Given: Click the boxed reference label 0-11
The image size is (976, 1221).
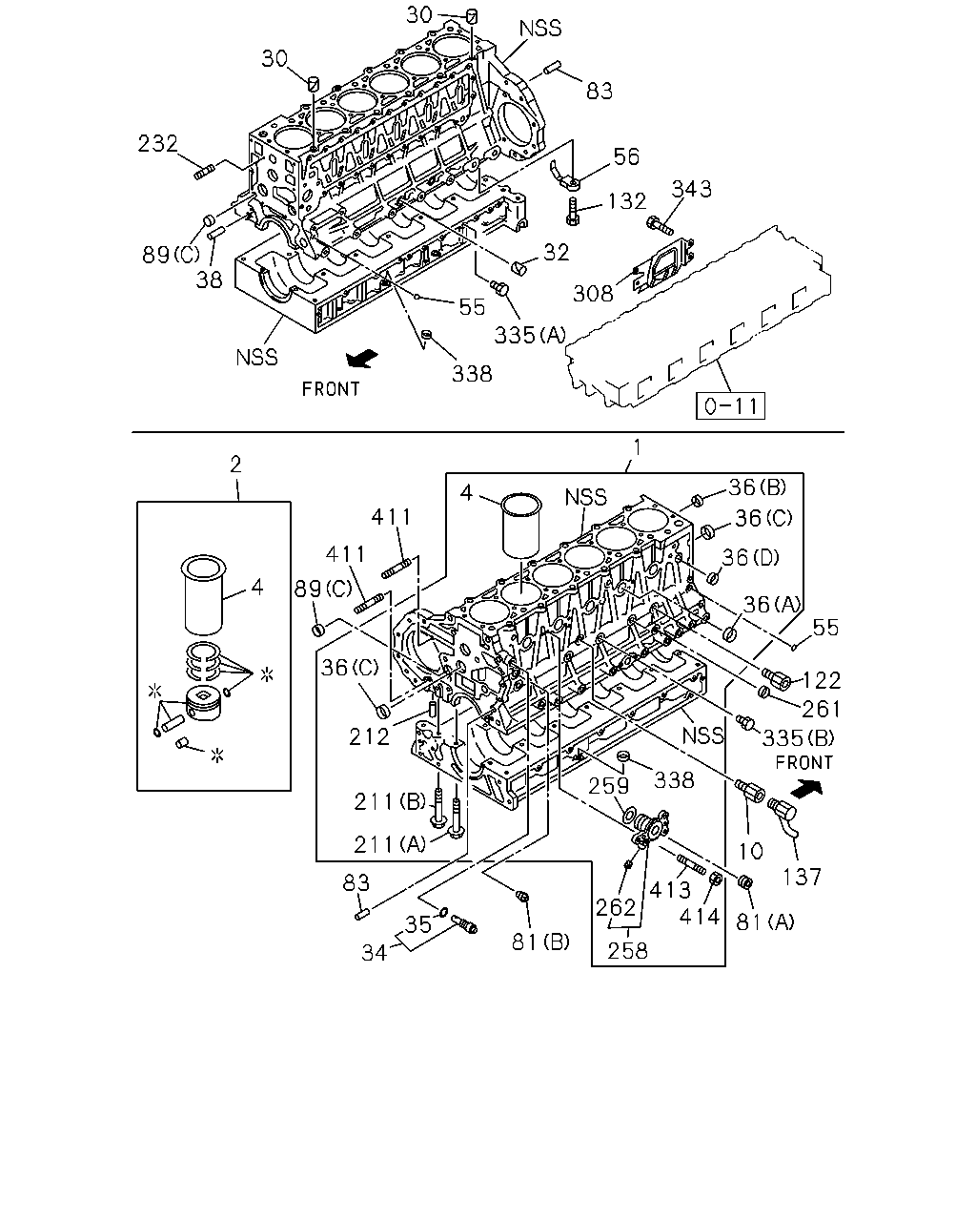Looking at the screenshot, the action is pos(730,405).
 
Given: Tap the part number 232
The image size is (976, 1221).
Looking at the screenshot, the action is pos(157,143).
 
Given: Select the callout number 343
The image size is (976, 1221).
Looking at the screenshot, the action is pos(691,189).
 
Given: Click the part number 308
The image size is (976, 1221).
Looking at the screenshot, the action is pos(593,294).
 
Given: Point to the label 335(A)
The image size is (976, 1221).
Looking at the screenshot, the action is pos(530,336).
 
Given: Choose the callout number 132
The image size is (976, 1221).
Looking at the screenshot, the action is pos(626,201).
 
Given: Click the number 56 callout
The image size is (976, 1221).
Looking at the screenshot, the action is pos(626,156).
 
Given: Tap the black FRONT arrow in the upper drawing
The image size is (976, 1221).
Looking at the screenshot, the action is pos(362,359).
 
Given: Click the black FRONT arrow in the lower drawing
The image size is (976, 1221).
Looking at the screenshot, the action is pos(806,788).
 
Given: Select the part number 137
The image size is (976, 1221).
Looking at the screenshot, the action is pos(802,877).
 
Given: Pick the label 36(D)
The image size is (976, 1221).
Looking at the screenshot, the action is pos(750,558).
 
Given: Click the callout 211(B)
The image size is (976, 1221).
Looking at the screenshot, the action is pos(390,801).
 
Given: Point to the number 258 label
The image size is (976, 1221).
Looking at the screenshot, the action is pos(627,950).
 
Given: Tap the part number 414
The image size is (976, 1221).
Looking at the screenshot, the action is pos(700,917).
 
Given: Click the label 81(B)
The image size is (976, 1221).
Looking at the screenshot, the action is pos(540,942).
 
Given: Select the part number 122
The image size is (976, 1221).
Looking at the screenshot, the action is pos(822,680).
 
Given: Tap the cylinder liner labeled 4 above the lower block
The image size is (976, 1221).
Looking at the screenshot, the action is pos(521,525).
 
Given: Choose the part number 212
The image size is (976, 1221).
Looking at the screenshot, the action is pos(369,737).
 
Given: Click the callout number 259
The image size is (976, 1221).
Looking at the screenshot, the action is pos(608,786).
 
